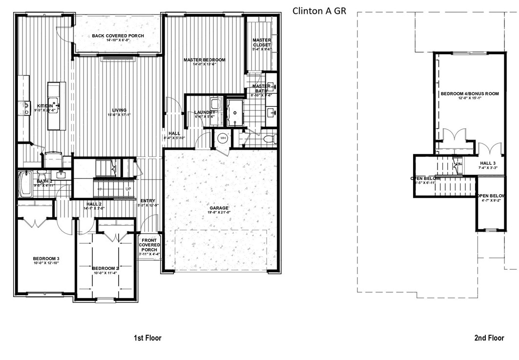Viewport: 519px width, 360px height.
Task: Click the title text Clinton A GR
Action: [x=319, y=11]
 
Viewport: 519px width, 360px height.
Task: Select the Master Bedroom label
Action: [x=204, y=60]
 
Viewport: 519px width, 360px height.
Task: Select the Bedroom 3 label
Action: [x=46, y=259]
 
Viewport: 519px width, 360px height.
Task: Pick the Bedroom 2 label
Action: [x=105, y=268]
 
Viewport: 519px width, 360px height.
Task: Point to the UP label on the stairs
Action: [x=128, y=189]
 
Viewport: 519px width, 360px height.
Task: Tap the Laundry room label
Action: [x=205, y=112]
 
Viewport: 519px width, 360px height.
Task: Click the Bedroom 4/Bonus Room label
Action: [x=469, y=94]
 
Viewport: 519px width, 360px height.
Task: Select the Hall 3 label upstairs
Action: [x=487, y=163]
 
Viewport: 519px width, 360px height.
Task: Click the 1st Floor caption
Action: [x=147, y=338]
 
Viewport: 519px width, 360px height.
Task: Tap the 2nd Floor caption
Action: [x=489, y=338]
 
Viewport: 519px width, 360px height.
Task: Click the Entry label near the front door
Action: [x=147, y=200]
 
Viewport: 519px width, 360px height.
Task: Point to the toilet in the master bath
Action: [x=268, y=140]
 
